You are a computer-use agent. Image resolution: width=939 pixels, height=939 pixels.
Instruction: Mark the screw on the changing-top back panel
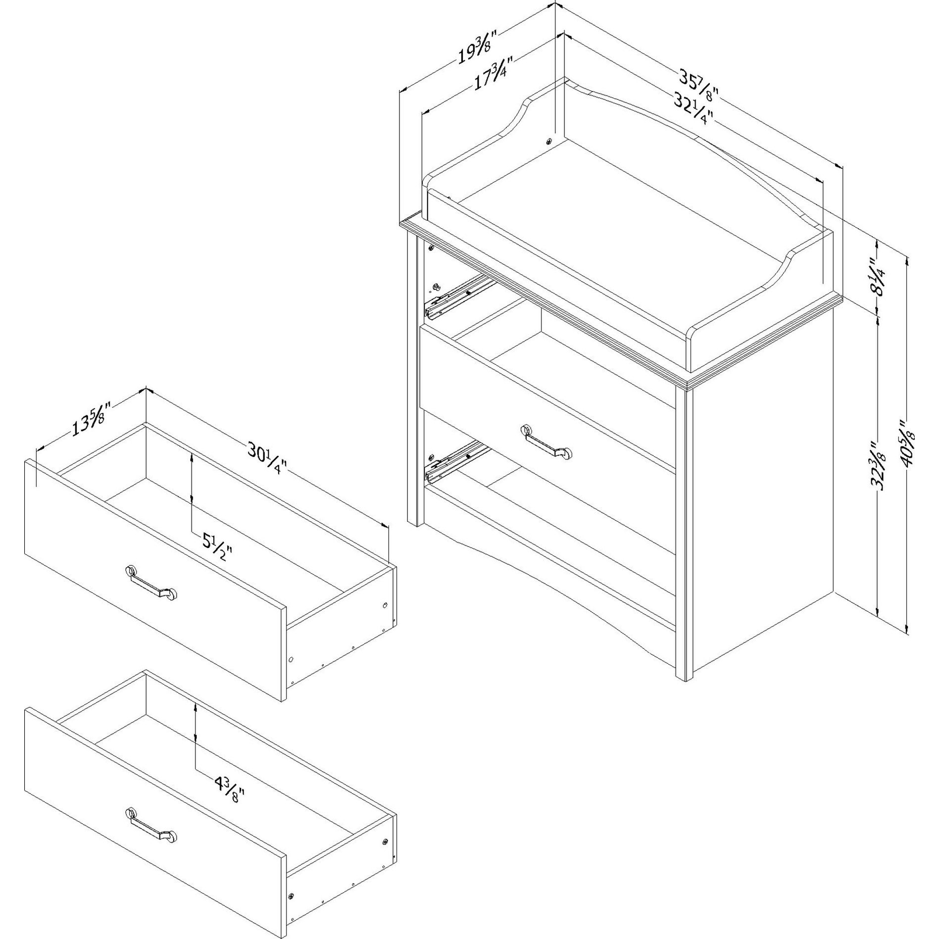click(x=549, y=141)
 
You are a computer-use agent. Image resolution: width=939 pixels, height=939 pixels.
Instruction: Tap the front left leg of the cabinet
click(x=414, y=381)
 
